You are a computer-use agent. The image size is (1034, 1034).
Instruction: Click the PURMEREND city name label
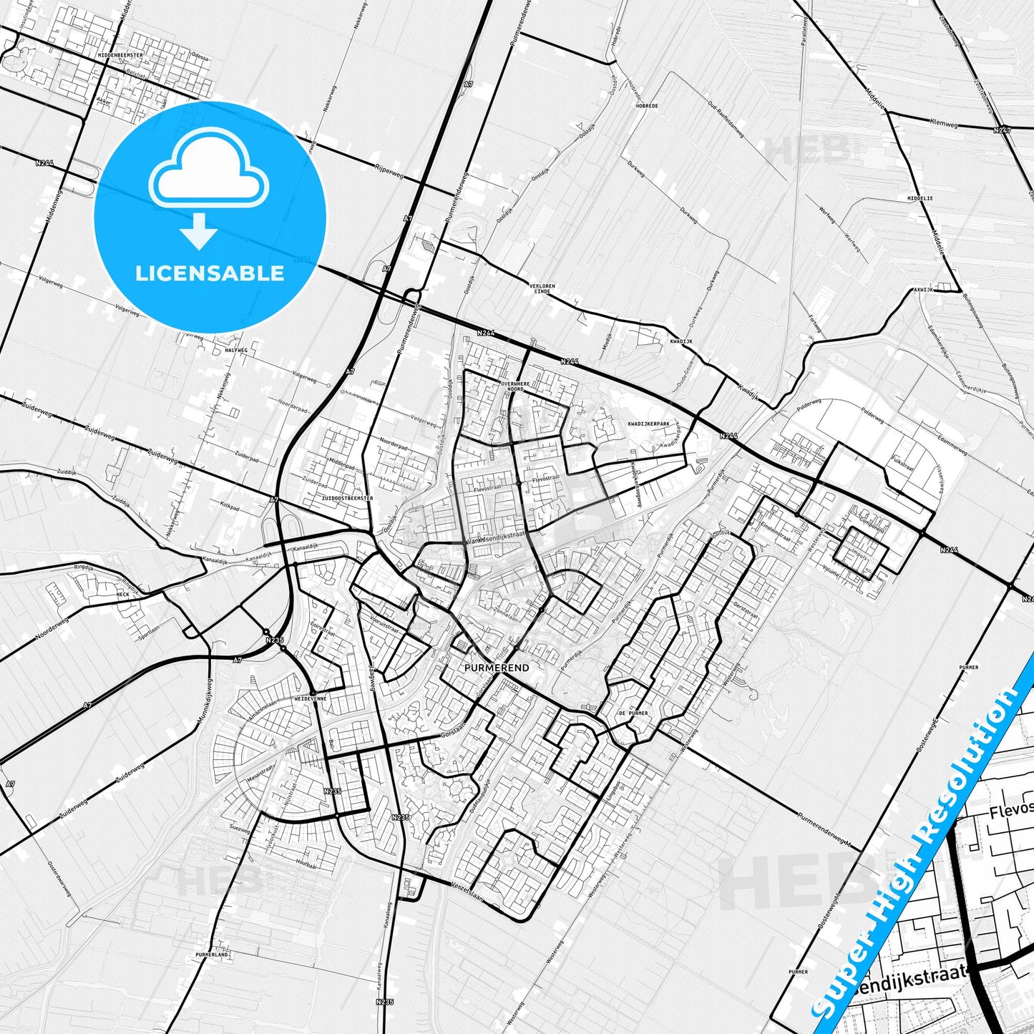497,668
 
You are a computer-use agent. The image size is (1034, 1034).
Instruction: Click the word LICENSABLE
210,273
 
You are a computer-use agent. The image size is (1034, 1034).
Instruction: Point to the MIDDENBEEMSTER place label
121,54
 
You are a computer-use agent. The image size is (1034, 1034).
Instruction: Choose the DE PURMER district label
633,713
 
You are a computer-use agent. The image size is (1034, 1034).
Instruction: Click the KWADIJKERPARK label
648,424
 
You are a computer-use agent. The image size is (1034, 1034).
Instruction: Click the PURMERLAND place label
211,955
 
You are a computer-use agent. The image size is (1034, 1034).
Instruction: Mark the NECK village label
122,594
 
